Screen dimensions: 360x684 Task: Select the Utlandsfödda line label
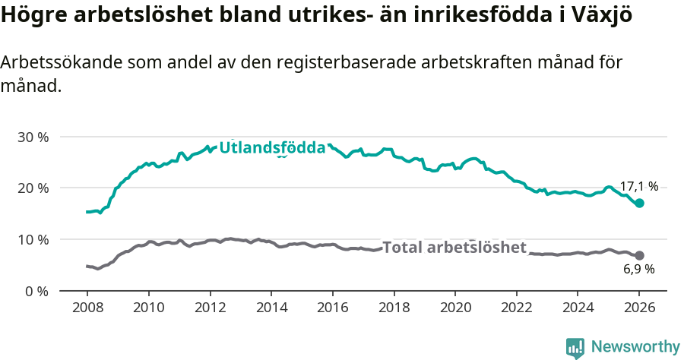272,148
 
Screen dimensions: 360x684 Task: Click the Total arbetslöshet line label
454,248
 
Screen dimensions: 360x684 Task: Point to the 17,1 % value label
638,186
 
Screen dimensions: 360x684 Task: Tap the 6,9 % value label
638,269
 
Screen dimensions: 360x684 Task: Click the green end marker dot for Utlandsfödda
640,203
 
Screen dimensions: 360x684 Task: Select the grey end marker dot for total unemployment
640,255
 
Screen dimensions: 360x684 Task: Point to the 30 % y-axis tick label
33,137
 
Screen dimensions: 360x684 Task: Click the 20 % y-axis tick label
33,188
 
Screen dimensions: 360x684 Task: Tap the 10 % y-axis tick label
33,240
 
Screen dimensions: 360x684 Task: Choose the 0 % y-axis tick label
36,291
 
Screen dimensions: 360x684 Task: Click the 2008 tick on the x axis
87,308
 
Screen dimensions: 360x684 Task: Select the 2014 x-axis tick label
271,308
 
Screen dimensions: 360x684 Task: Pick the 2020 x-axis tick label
455,308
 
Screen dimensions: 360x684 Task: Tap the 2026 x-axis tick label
639,308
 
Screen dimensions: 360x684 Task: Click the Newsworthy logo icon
575,347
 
